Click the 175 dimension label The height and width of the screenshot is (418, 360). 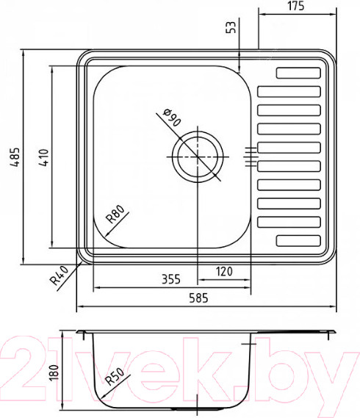click(296, 6)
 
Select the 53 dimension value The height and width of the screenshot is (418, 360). click(231, 27)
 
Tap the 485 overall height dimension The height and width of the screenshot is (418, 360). click(15, 157)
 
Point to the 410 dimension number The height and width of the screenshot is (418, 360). click(44, 157)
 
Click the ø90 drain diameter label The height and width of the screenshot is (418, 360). click(172, 118)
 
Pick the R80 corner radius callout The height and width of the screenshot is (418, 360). click(115, 214)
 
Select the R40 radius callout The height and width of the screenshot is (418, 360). click(60, 275)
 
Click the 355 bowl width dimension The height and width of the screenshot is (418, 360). click(171, 279)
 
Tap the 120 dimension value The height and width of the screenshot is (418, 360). click(224, 271)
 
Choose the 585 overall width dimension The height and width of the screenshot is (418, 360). click(198, 298)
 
